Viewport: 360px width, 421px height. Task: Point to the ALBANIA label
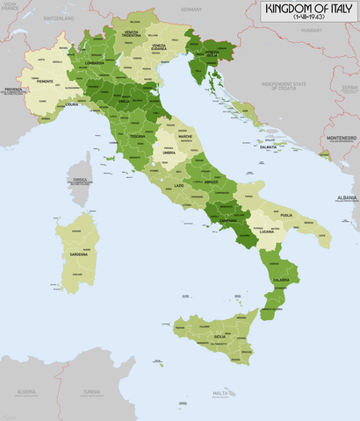(x=346, y=198)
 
